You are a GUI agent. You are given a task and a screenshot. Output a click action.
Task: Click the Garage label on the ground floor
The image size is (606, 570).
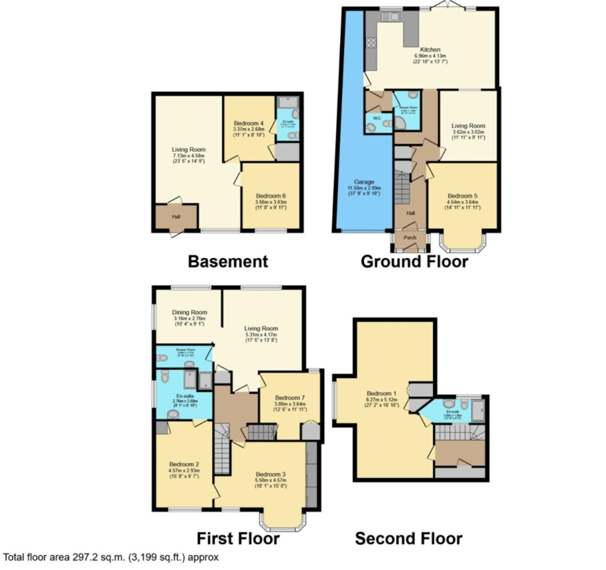tap(364, 182)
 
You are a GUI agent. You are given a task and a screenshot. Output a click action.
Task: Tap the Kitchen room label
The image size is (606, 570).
tap(430, 49)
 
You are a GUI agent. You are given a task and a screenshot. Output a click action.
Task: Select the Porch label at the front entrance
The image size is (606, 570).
tap(410, 238)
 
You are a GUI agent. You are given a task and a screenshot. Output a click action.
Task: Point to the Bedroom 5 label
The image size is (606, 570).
tap(463, 196)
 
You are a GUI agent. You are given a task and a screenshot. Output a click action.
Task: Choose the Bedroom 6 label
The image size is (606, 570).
tap(270, 196)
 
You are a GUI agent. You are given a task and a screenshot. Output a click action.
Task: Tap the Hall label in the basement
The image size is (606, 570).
tap(176, 217)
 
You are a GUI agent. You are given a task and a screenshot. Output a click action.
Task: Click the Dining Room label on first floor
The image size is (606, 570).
tap(189, 312)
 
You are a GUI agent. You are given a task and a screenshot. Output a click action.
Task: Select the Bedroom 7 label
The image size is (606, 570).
tap(290, 397)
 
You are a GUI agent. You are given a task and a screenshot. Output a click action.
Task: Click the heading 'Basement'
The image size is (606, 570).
tap(228, 261)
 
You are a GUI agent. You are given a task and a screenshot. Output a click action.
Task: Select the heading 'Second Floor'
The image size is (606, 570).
tap(408, 538)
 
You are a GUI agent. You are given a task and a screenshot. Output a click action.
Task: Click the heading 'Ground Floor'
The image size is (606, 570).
tap(414, 261)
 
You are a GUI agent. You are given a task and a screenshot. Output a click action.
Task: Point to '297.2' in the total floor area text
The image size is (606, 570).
tap(85, 557)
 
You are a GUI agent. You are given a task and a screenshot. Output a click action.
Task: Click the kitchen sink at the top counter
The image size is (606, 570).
tap(394, 17)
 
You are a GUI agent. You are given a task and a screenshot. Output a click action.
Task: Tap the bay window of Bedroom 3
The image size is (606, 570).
tap(283, 521)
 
